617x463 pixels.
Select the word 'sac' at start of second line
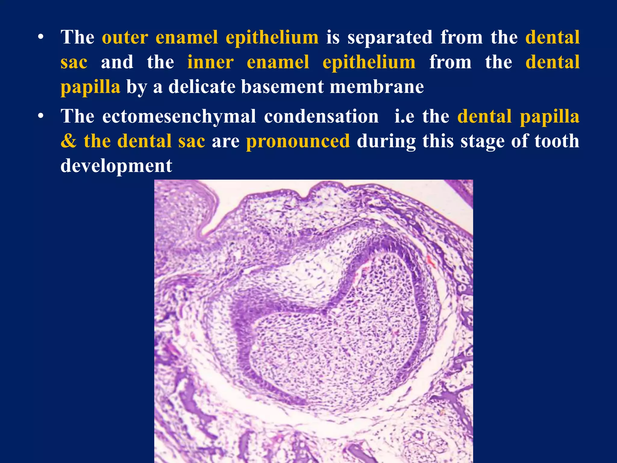tap(74, 62)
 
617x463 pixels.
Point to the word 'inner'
tap(210, 62)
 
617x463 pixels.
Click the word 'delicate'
tap(202, 87)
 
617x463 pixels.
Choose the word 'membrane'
tap(377, 87)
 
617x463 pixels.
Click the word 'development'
tap(116, 166)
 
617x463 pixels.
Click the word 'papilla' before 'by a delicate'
tap(90, 87)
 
